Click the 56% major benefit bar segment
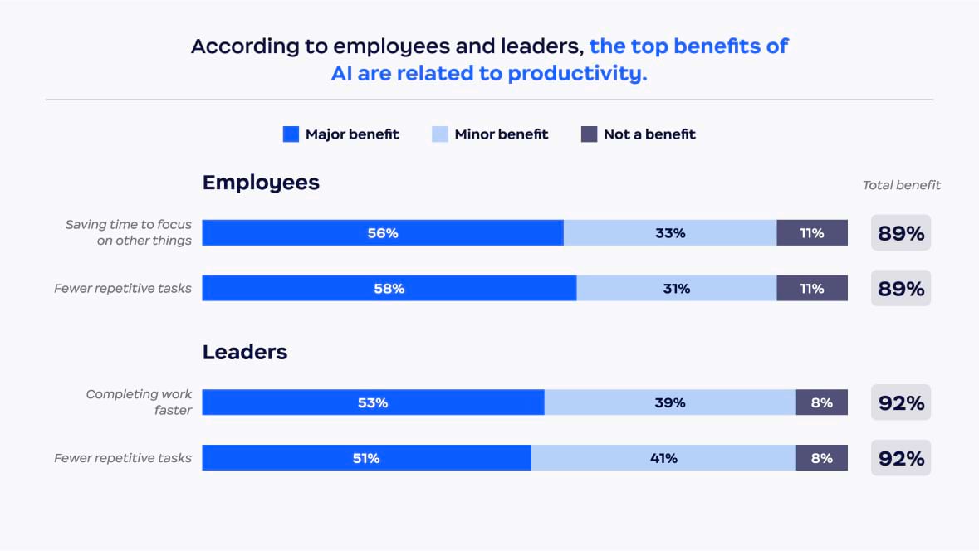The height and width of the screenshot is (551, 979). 383,233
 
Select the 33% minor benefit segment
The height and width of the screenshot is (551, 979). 670,233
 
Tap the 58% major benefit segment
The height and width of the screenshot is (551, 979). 389,289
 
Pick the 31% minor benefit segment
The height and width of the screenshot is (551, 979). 677,289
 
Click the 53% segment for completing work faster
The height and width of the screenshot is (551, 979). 373,402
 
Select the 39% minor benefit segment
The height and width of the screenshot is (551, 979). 670,402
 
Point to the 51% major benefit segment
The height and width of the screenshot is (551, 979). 366,458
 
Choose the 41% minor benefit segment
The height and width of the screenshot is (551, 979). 663,458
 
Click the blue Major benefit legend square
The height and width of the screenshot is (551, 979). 291,134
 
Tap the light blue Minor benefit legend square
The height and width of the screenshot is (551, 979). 440,134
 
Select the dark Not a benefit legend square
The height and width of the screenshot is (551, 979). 589,134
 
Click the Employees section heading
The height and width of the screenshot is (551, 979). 261,183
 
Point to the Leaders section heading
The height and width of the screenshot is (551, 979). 245,352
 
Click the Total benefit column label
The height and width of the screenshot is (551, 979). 902,185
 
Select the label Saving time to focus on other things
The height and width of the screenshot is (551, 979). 129,232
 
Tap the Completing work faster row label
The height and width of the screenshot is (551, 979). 139,402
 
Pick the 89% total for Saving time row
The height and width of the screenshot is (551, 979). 901,233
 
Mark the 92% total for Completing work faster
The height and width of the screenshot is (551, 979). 901,403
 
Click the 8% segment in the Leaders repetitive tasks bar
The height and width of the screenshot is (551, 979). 821,458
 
